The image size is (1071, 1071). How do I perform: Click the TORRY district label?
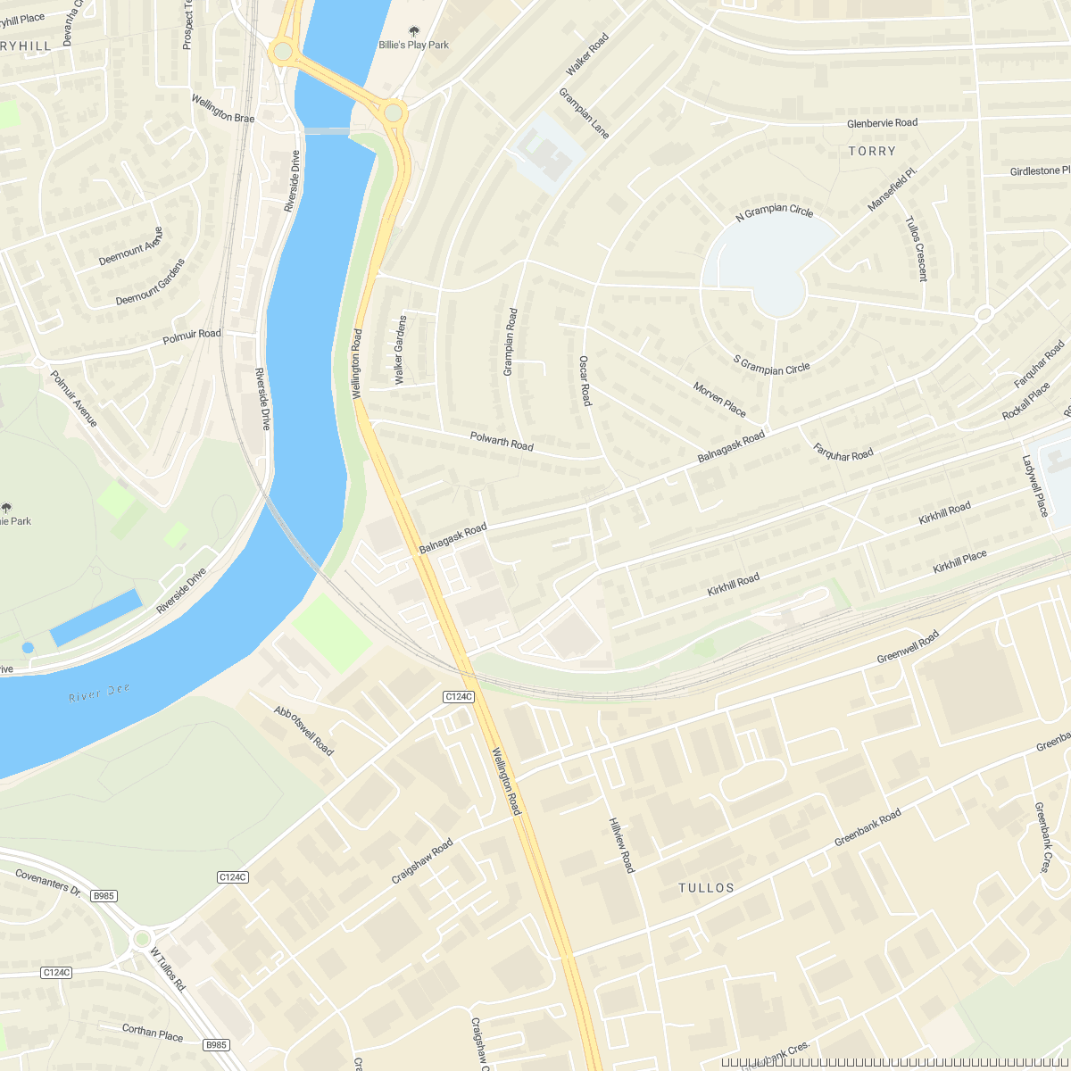point(872,152)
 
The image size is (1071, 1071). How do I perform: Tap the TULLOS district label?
point(706,888)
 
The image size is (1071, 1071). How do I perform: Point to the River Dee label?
point(99,693)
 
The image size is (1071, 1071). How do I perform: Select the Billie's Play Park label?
point(414,45)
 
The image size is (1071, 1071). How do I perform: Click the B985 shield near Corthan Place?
point(216,1044)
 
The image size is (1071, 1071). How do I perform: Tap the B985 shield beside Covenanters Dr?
point(104,896)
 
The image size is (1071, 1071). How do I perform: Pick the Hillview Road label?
point(621,844)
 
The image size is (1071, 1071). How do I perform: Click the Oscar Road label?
point(585,380)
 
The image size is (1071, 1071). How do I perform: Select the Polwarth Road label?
point(502,441)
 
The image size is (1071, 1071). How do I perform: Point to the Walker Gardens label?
point(400,350)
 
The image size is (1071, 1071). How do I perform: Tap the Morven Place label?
point(719,399)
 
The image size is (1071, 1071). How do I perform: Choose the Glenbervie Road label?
point(882,123)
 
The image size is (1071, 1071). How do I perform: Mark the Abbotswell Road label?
point(303,731)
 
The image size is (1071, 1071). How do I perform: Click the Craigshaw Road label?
point(422,861)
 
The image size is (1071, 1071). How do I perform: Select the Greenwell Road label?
point(908,647)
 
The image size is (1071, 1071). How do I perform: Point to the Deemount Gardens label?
point(151,282)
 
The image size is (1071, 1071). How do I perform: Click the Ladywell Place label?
point(1035,486)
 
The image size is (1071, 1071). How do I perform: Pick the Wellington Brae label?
point(223,108)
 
